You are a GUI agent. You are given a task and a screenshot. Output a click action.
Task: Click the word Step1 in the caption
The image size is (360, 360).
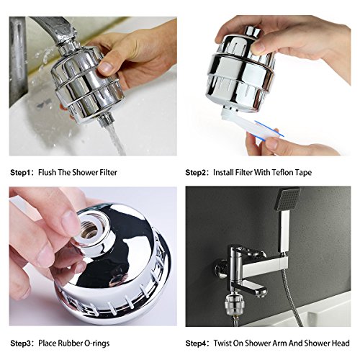[21, 173]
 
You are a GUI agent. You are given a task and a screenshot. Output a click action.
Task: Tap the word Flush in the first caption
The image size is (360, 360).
[48, 172]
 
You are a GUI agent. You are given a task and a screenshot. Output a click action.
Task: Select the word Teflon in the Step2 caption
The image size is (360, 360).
[280, 172]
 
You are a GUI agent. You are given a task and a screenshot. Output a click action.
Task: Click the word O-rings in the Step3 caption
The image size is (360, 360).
[97, 343]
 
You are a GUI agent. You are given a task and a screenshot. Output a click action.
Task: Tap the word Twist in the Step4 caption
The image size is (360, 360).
[222, 343]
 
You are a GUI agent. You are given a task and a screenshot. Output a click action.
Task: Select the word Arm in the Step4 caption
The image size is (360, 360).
[279, 343]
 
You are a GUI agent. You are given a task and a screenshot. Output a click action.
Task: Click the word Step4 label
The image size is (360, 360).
[196, 343]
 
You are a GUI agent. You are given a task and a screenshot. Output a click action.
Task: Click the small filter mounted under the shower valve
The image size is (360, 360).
[235, 305]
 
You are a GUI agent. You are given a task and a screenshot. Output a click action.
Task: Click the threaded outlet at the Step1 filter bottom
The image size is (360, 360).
[106, 120]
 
